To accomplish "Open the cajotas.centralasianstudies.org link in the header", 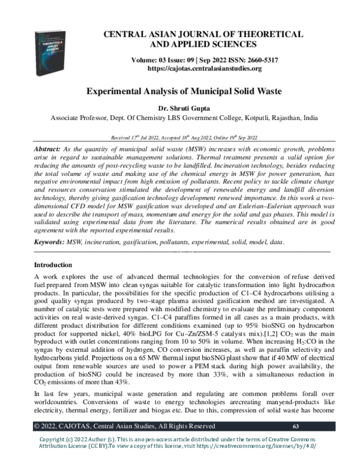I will click(x=205, y=68).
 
